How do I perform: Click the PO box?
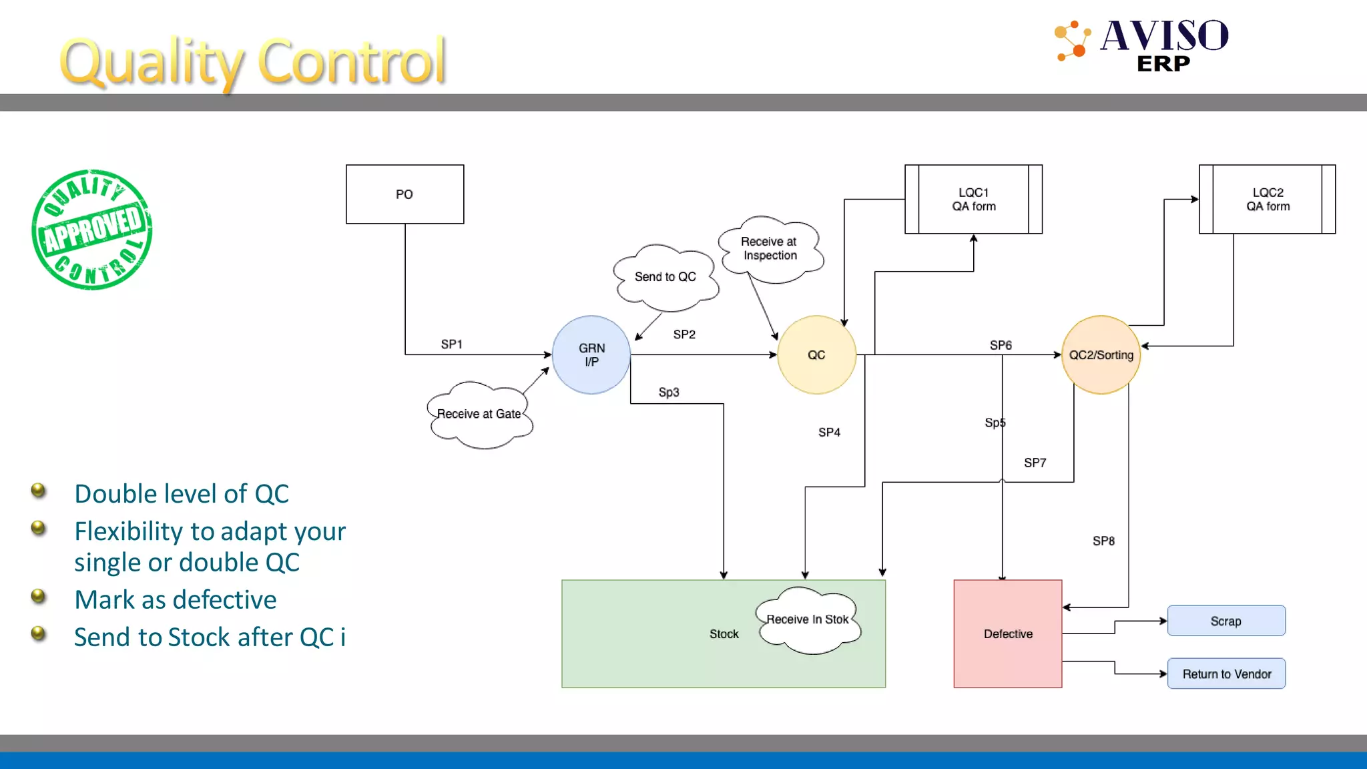point(404,194)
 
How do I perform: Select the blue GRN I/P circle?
point(591,355)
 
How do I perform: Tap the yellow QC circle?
point(816,355)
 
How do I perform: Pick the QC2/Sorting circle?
point(1101,355)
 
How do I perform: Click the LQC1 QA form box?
point(973,200)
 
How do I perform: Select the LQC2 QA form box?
point(1268,200)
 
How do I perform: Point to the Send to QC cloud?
point(665,277)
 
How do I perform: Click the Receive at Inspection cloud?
point(770,249)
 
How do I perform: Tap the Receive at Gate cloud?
point(479,415)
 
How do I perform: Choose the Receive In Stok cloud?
point(808,620)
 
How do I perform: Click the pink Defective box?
point(1008,634)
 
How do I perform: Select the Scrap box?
point(1226,621)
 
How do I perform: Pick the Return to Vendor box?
point(1226,674)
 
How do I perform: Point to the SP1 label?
point(451,344)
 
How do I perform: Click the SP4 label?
point(829,433)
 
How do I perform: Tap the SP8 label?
point(1103,541)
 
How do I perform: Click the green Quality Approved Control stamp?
point(92,230)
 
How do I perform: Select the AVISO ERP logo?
point(1142,44)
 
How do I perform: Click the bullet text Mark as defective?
point(176,600)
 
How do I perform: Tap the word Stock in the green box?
point(724,634)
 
